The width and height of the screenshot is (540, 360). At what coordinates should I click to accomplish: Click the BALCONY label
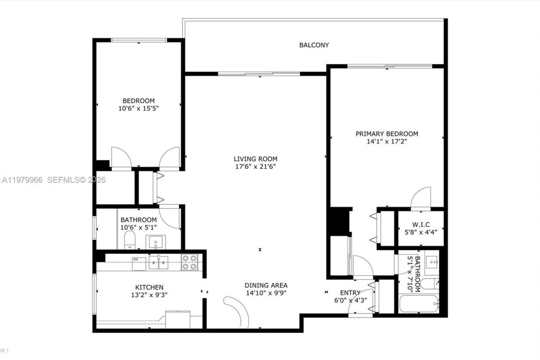pos(314,45)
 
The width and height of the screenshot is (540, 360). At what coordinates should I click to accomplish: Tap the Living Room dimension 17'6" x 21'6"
pos(256,166)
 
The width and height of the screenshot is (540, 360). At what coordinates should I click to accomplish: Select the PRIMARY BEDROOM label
pos(387,134)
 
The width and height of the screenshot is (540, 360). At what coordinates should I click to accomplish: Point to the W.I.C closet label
pos(421,224)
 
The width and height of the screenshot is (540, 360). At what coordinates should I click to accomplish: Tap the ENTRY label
pos(350,293)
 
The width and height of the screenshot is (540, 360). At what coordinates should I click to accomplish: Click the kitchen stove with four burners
pos(189,263)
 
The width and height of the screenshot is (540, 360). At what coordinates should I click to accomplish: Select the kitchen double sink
pos(158,262)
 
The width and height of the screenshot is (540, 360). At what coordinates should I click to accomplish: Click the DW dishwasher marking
pos(136,260)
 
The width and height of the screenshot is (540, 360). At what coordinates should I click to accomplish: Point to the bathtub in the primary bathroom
pos(419,304)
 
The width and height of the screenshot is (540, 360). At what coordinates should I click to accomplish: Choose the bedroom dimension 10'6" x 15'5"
pos(138,108)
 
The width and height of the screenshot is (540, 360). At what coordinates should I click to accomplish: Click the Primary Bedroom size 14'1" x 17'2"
pos(387,142)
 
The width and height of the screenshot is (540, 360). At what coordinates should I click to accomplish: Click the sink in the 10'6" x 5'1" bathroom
pos(156,242)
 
